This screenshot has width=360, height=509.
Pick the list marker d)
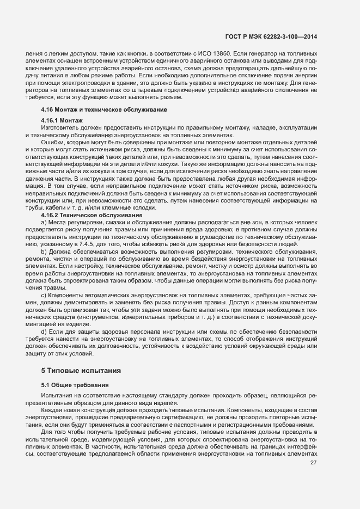(44, 331)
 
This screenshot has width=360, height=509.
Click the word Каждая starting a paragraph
(52, 409)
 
